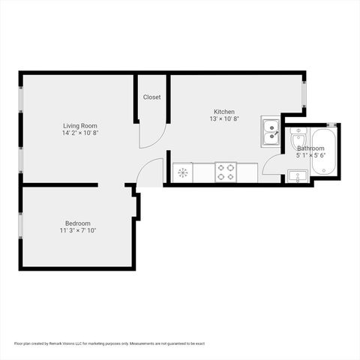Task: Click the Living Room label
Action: [x=79, y=125]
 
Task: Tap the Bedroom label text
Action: [x=78, y=223]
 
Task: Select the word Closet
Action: [x=151, y=97]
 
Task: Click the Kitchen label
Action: [x=224, y=112]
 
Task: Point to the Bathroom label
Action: [x=310, y=148]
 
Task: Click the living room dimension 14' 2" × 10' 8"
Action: [x=79, y=133]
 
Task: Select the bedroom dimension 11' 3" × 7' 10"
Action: [x=78, y=230]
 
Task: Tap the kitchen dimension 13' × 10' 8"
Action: [x=224, y=119]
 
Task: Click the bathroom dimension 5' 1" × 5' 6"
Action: [x=310, y=156]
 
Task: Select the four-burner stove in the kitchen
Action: [x=226, y=172]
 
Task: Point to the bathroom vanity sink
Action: [x=297, y=177]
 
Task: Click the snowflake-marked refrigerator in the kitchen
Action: [x=182, y=172]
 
